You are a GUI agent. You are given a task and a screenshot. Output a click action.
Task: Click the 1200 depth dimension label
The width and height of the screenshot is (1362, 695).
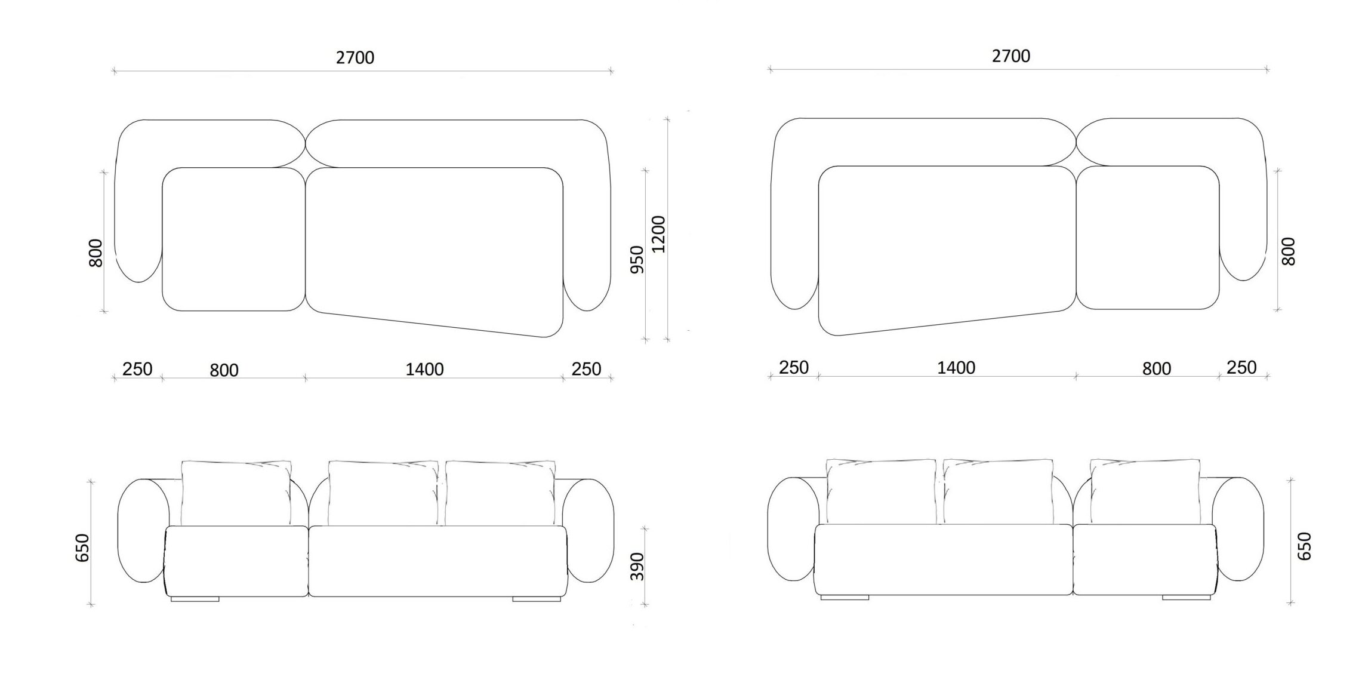(658, 234)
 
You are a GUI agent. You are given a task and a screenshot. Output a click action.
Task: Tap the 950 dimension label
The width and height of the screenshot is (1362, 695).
(637, 260)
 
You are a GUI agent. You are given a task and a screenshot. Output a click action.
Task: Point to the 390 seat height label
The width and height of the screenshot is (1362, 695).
(637, 567)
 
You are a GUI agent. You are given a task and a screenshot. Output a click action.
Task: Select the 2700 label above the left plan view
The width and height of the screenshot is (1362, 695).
(355, 57)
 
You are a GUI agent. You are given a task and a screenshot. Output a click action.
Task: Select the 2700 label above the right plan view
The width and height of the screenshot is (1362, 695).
(1011, 56)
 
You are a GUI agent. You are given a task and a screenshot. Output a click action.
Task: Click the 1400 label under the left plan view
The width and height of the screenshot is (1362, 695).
(424, 370)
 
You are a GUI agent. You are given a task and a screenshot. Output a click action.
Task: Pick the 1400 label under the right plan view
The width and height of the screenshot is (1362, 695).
(956, 368)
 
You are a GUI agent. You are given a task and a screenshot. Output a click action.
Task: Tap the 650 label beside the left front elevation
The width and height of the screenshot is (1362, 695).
(82, 548)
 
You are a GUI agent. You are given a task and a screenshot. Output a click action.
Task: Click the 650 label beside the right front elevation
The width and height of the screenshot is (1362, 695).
(1305, 546)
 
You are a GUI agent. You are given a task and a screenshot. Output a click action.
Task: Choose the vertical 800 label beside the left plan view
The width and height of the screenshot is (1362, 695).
(95, 253)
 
